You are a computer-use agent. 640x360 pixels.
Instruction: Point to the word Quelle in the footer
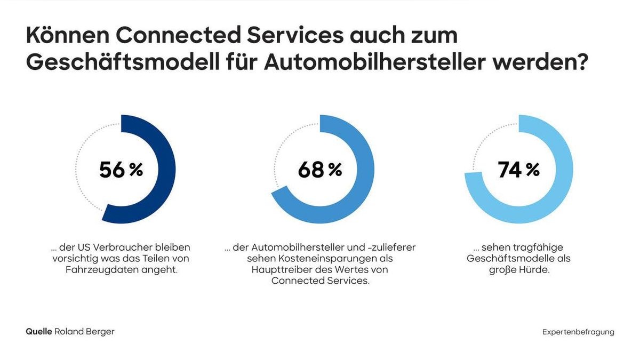coord(39,332)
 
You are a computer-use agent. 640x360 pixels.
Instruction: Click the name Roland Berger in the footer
coord(84,332)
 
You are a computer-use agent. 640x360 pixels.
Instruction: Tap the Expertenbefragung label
coord(578,332)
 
